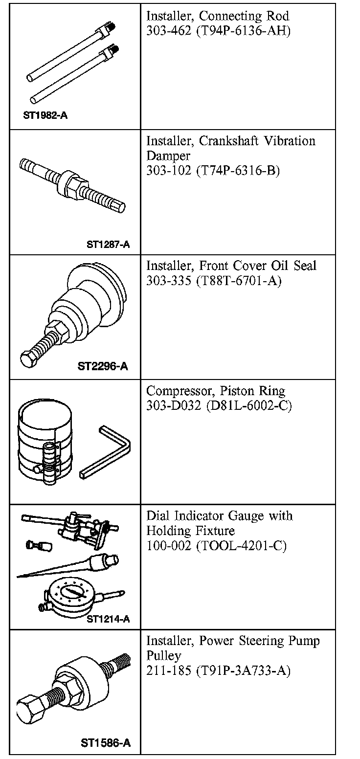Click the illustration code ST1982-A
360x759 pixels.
point(45,115)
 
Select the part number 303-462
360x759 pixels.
point(169,31)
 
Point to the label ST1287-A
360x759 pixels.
point(108,245)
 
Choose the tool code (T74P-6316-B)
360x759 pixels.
point(238,171)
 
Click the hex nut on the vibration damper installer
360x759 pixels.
point(72,183)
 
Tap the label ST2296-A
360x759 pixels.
point(103,366)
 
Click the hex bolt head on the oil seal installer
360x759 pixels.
point(28,358)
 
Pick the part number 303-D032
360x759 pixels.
point(174,405)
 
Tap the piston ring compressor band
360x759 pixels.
point(44,441)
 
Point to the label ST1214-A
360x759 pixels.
point(108,619)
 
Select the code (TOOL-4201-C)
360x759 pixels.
point(242,546)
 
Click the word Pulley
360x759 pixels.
point(164,656)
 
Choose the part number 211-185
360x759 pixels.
point(169,670)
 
